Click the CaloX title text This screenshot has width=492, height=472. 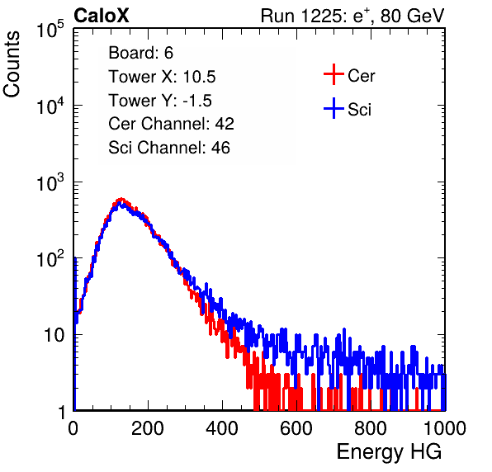[x=101, y=16]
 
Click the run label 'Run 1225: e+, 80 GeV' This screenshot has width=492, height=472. [x=352, y=16]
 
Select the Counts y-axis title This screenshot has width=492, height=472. [x=12, y=64]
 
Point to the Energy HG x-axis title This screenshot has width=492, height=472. [x=389, y=451]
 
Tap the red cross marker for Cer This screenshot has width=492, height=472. [x=334, y=74]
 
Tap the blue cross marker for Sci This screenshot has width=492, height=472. [x=334, y=109]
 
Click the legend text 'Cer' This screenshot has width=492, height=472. [x=362, y=76]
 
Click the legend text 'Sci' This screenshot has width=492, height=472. [x=360, y=110]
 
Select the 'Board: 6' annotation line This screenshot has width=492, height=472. [x=140, y=53]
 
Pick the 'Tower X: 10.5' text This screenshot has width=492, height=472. [x=162, y=77]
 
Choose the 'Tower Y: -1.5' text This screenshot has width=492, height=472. [x=160, y=101]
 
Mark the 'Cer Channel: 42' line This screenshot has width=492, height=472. [x=172, y=124]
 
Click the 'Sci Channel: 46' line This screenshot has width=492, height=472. [x=169, y=148]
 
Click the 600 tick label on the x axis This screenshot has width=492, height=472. [x=296, y=428]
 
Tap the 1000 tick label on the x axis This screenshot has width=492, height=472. [x=445, y=428]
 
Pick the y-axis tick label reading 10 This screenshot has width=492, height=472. [x=54, y=335]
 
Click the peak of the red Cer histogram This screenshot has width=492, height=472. [x=121, y=199]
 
